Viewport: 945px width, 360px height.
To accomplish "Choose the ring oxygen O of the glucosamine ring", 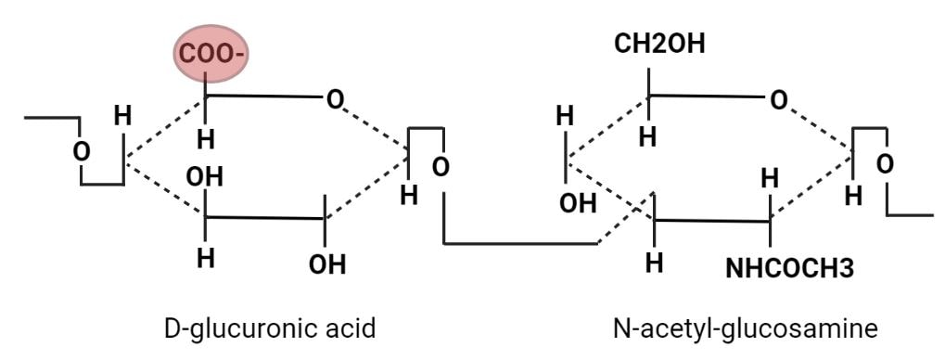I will (780, 97).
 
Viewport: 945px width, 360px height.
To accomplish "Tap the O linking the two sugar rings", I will (441, 167).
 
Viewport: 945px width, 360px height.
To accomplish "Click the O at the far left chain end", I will (82, 150).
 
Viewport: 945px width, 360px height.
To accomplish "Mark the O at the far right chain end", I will (885, 164).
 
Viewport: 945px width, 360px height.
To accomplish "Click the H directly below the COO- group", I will (206, 139).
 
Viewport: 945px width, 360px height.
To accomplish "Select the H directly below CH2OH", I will (648, 136).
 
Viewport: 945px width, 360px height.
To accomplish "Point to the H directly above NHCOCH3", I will (769, 176).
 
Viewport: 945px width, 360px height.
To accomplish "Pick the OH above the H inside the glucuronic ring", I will (206, 176).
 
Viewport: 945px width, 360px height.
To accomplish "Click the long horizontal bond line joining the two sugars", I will (519, 244).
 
